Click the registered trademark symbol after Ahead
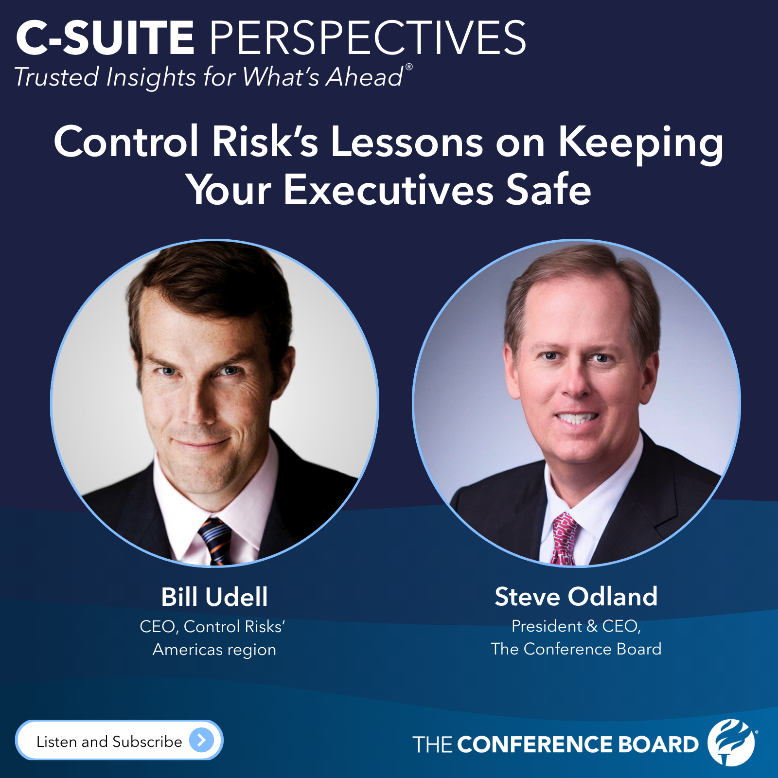pyautogui.click(x=409, y=67)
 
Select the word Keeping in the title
pyautogui.click(x=640, y=143)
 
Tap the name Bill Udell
pyautogui.click(x=214, y=597)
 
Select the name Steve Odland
pyautogui.click(x=576, y=597)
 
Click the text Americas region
pyautogui.click(x=214, y=650)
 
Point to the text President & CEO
pyautogui.click(x=576, y=626)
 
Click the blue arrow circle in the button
pyautogui.click(x=201, y=740)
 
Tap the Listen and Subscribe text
pyautogui.click(x=109, y=742)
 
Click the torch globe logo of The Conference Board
pyautogui.click(x=731, y=742)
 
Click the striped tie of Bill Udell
pyautogui.click(x=214, y=540)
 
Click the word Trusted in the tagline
pyautogui.click(x=56, y=77)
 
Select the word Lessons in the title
pyautogui.click(x=407, y=142)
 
